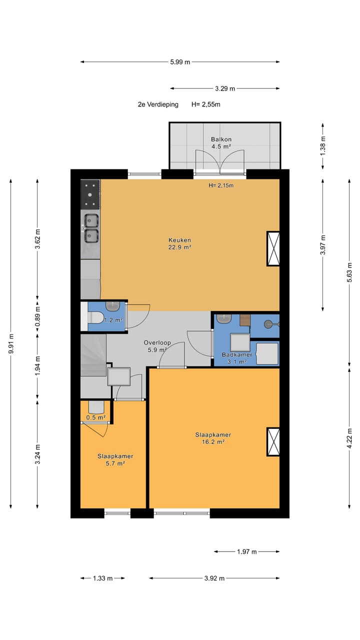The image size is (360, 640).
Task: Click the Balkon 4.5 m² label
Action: click(x=221, y=143)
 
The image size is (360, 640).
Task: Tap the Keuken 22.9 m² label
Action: click(x=179, y=243)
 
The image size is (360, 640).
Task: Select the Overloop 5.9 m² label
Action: click(x=157, y=346)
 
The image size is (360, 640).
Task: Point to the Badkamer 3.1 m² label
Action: click(x=237, y=358)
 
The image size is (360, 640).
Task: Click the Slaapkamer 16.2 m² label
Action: click(x=213, y=438)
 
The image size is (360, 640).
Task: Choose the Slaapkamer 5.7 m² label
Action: click(x=115, y=459)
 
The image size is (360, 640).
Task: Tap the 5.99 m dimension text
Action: click(x=180, y=61)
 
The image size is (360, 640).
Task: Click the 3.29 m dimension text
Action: click(x=225, y=88)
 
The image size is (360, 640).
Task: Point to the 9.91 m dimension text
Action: click(x=11, y=343)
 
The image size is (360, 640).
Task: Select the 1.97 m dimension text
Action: click(x=247, y=551)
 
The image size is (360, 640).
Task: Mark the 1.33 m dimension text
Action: click(x=103, y=578)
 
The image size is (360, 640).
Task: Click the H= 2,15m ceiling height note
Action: click(x=221, y=185)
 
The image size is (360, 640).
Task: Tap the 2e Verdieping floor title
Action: click(x=158, y=104)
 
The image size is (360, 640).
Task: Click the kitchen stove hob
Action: click(x=90, y=194)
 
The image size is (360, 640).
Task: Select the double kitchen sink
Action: click(x=91, y=228)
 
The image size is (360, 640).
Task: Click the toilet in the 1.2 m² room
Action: click(x=95, y=317)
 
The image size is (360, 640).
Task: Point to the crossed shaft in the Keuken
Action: click(x=273, y=249)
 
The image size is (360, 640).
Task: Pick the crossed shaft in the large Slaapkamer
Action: click(x=273, y=441)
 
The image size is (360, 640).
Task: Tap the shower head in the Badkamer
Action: click(x=269, y=324)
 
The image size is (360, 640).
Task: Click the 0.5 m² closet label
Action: click(x=96, y=417)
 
